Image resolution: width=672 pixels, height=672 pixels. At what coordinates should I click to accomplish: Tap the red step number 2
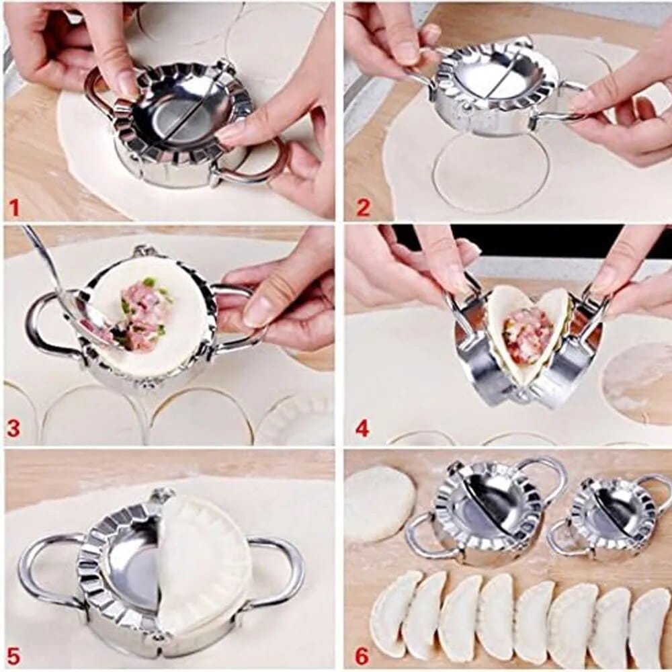coord(363,207)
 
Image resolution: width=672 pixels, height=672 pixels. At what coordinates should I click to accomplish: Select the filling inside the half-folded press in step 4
coord(527,334)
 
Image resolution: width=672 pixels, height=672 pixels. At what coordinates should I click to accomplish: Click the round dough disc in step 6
coord(380,503)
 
